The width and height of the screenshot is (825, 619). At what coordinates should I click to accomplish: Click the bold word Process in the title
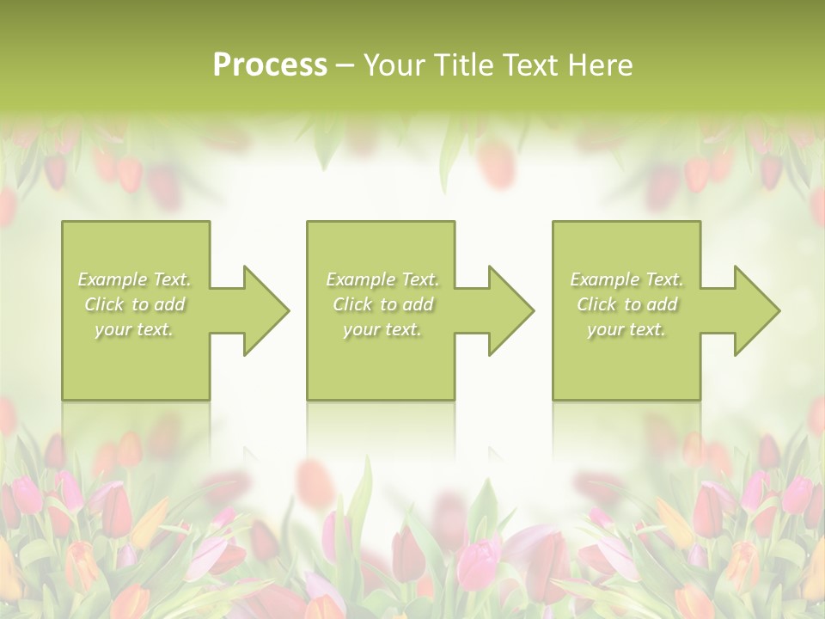pos(270,65)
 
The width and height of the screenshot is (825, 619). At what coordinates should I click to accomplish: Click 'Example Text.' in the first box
pos(135,279)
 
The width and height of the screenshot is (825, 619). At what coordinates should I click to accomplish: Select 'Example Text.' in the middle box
pos(382,279)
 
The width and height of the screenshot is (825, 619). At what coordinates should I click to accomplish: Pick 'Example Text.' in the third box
pos(626,279)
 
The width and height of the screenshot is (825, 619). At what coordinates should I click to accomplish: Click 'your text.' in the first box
pos(134,329)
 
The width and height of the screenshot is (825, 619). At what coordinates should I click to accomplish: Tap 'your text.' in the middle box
pos(382,329)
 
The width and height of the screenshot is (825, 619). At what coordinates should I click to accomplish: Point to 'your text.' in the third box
pos(626,329)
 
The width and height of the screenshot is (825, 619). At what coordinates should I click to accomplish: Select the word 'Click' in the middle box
pos(352,304)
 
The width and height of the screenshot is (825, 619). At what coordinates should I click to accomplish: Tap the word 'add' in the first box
pos(170,304)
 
